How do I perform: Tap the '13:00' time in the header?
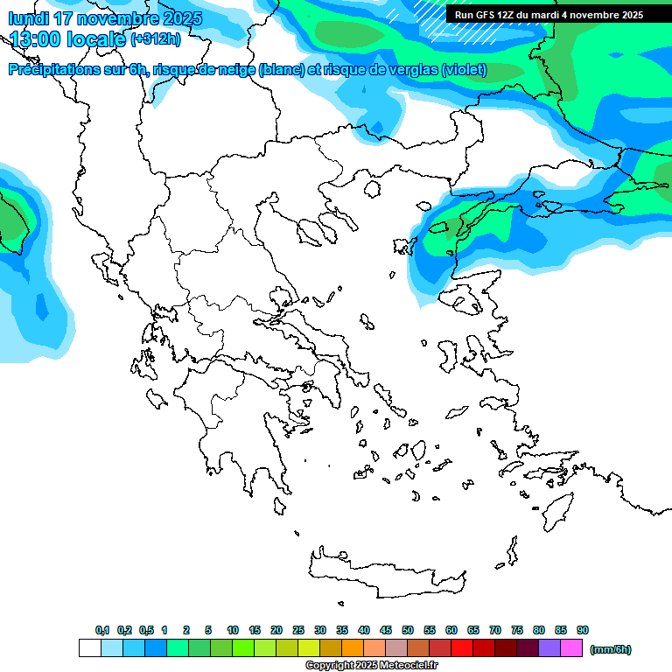[39, 39]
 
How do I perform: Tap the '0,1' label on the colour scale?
[102, 631]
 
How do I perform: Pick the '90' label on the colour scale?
[583, 631]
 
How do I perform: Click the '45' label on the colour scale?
[386, 631]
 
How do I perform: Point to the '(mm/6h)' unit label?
[611, 649]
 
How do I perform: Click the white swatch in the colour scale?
[90, 648]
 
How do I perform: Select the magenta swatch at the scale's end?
[571, 648]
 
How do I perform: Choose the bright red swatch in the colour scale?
[462, 648]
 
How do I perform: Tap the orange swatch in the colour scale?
[353, 648]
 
